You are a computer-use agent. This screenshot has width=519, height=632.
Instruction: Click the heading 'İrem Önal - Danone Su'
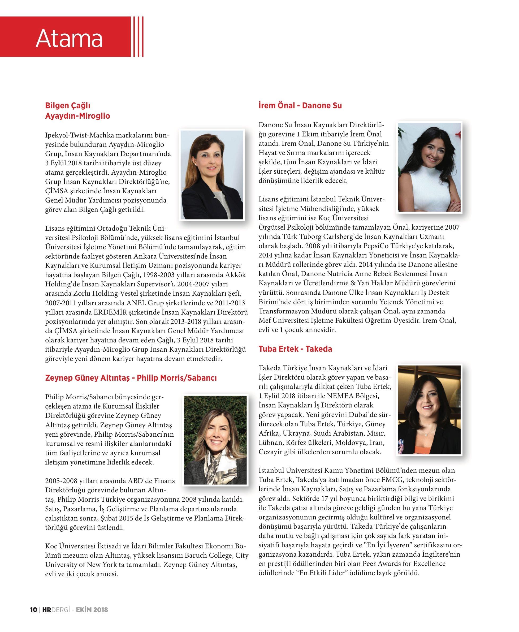tap(300, 106)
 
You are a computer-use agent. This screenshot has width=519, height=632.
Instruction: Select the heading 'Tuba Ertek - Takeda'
tap(295, 349)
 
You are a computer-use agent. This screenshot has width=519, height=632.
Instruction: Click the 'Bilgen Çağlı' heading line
tap(68, 106)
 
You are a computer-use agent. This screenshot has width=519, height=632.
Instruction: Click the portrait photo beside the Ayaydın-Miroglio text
tap(212, 175)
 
